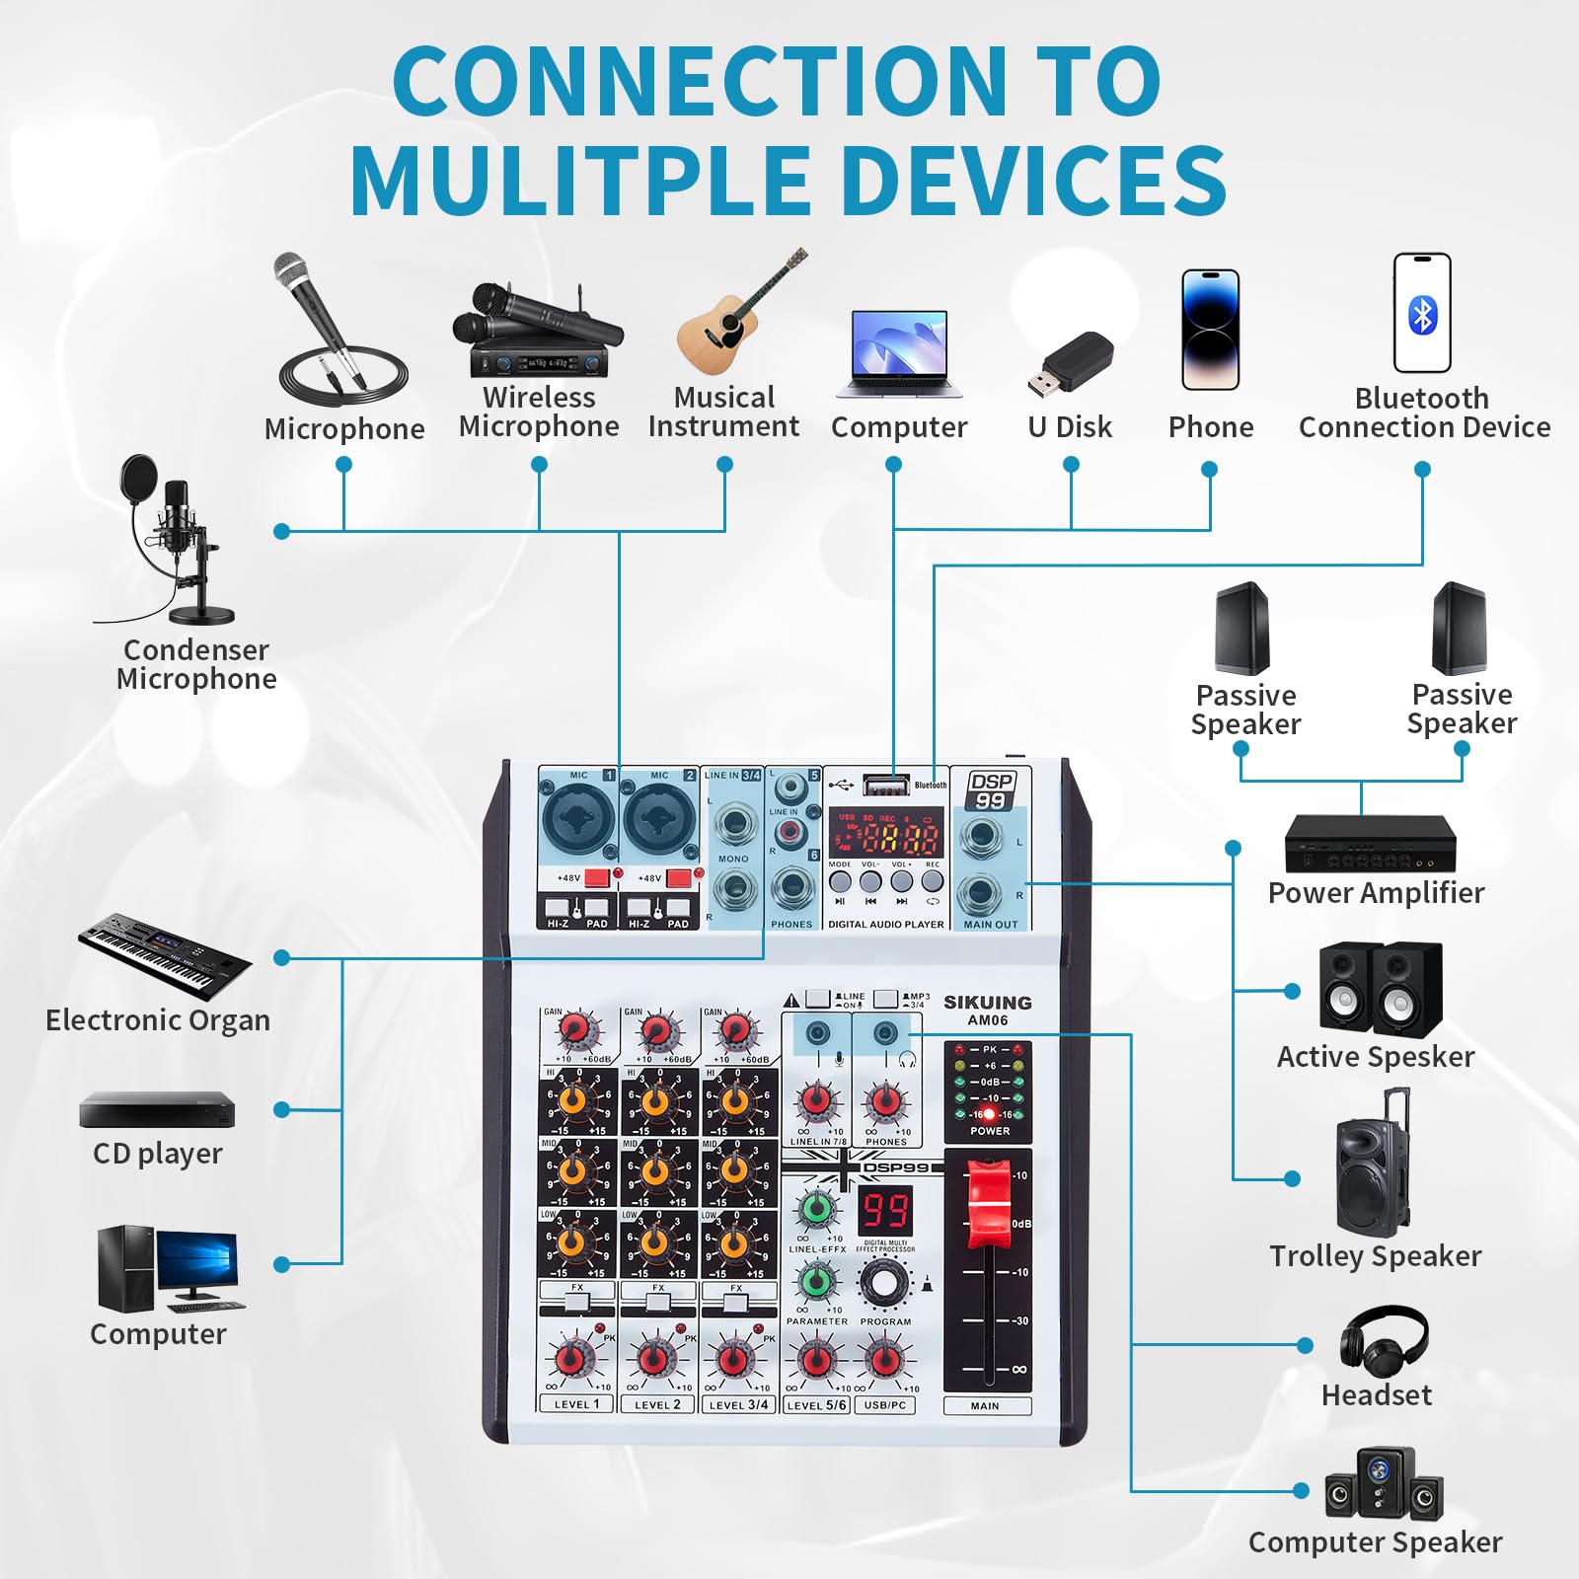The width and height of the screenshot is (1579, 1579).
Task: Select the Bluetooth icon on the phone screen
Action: point(1422,316)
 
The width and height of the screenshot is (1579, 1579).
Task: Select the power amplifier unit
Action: point(1370,845)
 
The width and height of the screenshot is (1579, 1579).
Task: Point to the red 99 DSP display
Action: point(885,1210)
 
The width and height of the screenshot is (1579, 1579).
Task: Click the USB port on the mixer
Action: point(885,786)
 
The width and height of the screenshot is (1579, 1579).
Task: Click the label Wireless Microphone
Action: point(539,412)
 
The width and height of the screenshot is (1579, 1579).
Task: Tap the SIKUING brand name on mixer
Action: point(987,1003)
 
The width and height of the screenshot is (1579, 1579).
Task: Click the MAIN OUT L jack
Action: point(980,837)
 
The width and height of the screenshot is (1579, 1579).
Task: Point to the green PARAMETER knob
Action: point(816,1282)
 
